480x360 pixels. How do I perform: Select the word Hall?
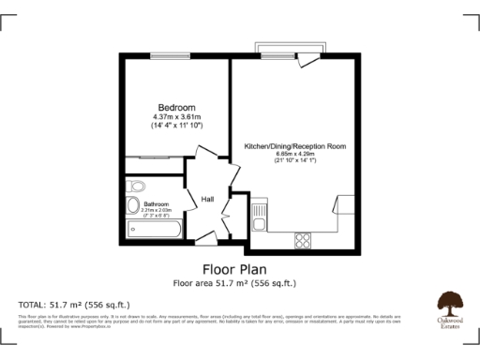click(x=208, y=199)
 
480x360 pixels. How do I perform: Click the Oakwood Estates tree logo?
click(x=450, y=306)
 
